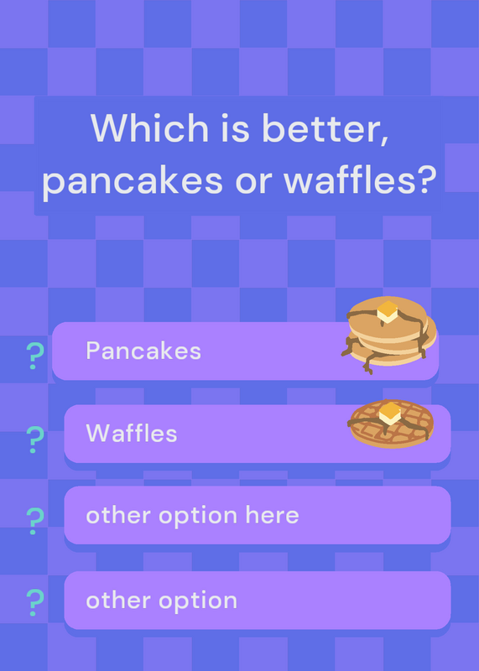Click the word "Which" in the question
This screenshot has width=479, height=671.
(149, 127)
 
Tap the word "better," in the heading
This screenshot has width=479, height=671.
(325, 129)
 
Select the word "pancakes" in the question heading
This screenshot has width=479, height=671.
(133, 179)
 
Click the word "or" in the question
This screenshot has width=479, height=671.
(253, 181)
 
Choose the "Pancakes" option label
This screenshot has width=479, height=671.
(143, 351)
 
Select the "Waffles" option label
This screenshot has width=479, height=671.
(132, 433)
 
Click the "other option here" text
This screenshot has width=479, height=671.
(192, 515)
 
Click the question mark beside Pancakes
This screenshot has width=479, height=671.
(35, 356)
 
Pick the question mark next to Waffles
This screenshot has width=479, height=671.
(35, 440)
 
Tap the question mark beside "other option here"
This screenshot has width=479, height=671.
(35, 521)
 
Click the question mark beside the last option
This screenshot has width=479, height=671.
(35, 602)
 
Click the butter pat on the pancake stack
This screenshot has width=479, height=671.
(388, 311)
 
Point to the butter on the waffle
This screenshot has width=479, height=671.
(390, 413)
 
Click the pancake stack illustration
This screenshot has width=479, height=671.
(389, 335)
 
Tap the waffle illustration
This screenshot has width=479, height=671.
(391, 424)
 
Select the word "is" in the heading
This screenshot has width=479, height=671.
(235, 127)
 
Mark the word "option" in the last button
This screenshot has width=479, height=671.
(198, 601)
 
